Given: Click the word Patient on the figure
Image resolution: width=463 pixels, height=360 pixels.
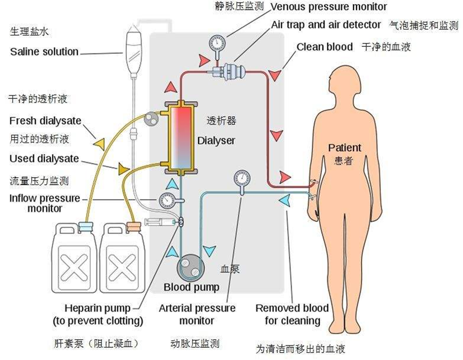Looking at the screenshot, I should point(344,148).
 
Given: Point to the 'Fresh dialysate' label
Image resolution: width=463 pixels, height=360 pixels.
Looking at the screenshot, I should point(45,121).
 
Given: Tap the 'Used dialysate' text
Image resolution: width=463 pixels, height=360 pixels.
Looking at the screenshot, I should point(45,159).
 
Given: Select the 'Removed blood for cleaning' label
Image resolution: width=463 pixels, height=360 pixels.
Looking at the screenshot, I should point(292,314).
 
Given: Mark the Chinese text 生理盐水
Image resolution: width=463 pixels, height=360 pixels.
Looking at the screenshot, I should point(30,31).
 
